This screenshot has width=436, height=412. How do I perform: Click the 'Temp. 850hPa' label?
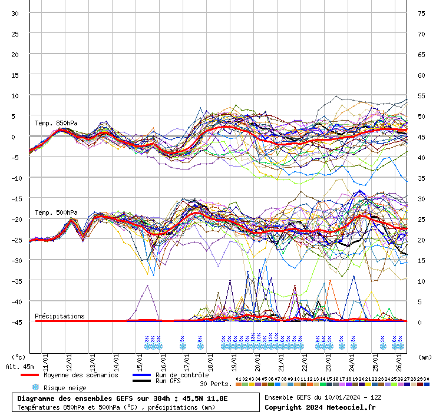(56, 123)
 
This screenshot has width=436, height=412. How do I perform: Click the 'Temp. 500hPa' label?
(56, 212)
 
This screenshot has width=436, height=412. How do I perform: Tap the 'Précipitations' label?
(60, 316)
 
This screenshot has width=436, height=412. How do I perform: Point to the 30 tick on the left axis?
(15, 13)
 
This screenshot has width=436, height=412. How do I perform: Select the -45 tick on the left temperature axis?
(15, 322)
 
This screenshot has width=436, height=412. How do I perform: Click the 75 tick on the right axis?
(421, 13)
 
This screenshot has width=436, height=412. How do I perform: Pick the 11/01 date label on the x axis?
(46, 359)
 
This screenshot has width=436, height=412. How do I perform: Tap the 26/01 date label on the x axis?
(399, 359)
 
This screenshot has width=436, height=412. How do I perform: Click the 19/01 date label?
(234, 359)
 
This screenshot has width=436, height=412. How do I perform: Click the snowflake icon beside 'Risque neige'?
(35, 387)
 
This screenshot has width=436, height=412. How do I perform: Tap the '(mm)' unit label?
(425, 357)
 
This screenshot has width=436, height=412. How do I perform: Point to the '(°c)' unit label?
(19, 357)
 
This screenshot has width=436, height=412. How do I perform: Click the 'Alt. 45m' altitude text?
(18, 367)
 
